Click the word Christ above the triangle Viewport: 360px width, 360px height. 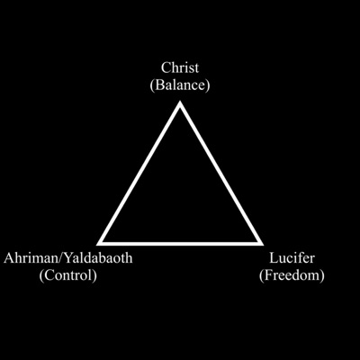click(180, 67)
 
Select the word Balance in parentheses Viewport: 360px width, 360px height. click(180, 85)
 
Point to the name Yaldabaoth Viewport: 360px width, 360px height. click(98, 257)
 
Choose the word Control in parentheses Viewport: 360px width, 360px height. click(68, 275)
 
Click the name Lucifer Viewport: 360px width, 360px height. click(292, 257)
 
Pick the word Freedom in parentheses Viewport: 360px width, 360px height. click(292, 275)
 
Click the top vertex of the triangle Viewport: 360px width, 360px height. click(180, 102)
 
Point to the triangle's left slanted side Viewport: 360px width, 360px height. click(139, 173)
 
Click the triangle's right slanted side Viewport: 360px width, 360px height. click(221, 173)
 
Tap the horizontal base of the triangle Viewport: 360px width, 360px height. click(180, 244)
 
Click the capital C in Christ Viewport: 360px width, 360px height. click(166, 67)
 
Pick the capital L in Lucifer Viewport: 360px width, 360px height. click(273, 258)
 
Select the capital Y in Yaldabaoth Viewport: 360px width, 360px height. click(68, 258)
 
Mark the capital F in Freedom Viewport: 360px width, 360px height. click(268, 275)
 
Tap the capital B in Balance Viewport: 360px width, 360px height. click(159, 85)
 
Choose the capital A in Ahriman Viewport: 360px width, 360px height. click(9, 258)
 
